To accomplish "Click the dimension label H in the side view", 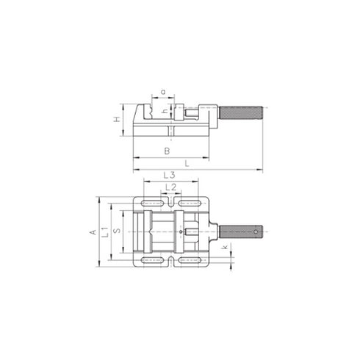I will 117,120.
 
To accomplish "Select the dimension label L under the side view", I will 188,164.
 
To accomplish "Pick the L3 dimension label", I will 168,175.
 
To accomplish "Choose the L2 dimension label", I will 170,187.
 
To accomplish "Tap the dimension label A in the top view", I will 93,231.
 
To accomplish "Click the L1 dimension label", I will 105,231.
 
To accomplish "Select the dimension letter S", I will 118,231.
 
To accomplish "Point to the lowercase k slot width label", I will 224,250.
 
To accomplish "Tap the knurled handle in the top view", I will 242,231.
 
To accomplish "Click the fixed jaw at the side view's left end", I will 141,118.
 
